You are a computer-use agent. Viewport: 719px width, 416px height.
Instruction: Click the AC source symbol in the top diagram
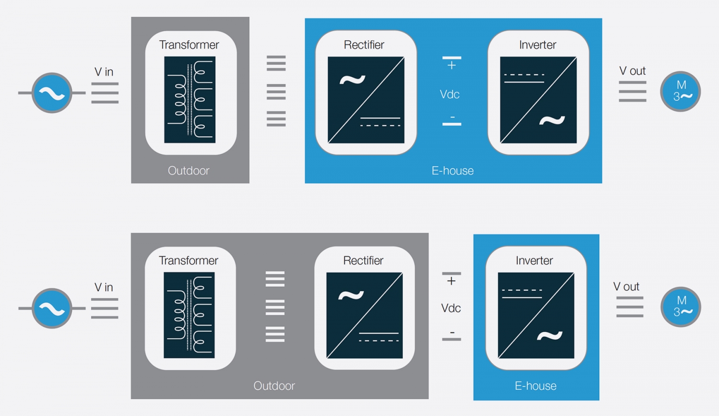coord(52,93)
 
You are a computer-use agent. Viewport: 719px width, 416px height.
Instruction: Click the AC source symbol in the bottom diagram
coord(52,309)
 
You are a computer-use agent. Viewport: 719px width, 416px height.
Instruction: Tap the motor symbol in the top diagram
coord(680,91)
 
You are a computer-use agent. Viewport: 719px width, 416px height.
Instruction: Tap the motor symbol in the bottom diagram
coord(681,307)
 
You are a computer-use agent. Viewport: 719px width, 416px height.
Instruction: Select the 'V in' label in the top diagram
coord(104,72)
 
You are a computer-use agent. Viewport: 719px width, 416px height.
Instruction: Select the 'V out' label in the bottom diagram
coord(626,286)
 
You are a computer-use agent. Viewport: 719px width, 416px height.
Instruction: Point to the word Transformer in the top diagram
coord(189,45)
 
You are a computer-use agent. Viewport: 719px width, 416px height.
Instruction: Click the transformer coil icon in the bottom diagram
coord(189,315)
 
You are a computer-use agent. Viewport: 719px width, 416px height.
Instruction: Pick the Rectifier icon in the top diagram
coord(366,100)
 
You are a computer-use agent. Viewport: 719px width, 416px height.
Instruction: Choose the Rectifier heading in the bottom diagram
coord(363,261)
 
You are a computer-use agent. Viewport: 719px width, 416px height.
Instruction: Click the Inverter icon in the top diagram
coord(538,100)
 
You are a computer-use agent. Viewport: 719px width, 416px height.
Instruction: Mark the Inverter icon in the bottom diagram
coord(536,315)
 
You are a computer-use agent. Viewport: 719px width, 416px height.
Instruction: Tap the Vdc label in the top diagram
coord(450,95)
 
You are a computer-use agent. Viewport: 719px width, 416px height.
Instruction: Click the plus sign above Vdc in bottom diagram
coord(451,281)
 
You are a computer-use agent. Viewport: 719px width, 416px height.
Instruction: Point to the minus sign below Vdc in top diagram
coord(452,118)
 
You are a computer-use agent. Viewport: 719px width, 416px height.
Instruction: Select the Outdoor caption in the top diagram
coord(188,171)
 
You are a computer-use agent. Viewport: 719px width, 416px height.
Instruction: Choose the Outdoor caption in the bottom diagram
coord(274,386)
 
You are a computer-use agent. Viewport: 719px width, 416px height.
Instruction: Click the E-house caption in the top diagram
coord(452,171)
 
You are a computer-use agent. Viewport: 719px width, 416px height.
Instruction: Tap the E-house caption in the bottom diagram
coord(535,386)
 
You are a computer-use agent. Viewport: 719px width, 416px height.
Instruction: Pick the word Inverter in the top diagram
coord(537,45)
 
